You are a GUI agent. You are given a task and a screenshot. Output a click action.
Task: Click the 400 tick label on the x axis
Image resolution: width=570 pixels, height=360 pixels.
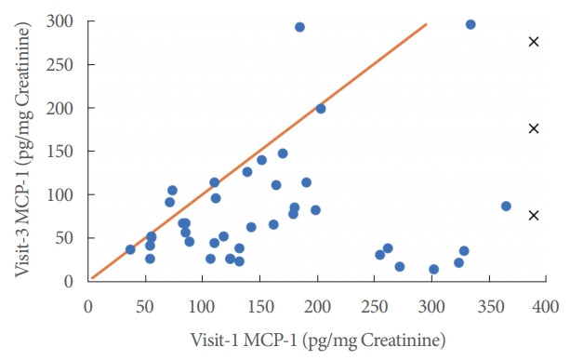[x=547, y=306]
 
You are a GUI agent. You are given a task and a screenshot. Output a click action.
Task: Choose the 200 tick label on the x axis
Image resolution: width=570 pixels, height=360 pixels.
[x=317, y=306]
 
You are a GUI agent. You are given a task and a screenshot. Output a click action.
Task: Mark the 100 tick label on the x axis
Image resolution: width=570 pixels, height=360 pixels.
[x=202, y=306]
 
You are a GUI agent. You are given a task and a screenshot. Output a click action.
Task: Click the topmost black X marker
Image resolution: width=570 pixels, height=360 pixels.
[x=534, y=42]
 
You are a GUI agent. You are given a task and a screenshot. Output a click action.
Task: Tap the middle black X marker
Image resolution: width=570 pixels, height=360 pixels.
[x=534, y=128]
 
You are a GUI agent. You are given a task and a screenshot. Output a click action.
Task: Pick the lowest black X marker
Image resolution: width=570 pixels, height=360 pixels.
[x=534, y=215]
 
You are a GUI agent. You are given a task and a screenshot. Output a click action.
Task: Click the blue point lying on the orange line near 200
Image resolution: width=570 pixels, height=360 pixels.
[x=321, y=109]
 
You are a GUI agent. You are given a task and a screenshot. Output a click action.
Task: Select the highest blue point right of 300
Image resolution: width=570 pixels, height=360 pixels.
[x=471, y=24]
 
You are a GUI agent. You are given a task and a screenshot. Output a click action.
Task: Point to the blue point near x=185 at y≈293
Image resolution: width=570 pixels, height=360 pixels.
[x=299, y=27]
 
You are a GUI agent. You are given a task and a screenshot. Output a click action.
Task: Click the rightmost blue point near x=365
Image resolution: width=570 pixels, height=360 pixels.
[x=506, y=206]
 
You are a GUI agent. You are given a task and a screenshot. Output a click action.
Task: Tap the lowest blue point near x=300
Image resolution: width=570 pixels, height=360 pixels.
[x=433, y=269]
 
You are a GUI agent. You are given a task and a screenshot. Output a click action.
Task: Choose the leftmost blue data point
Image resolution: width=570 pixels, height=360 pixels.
[x=130, y=249]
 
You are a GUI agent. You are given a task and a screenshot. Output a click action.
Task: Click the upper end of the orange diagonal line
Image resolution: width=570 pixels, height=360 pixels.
[x=427, y=24]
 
